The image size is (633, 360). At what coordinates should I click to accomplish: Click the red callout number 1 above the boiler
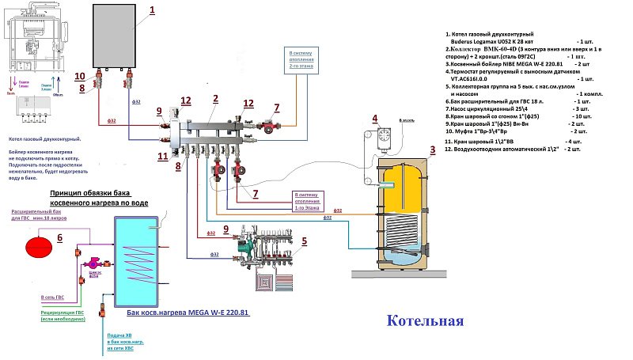coord(153,10)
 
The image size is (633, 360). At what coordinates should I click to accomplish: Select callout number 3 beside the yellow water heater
coord(432,150)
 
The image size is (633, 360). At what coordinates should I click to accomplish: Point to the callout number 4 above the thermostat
coord(373,119)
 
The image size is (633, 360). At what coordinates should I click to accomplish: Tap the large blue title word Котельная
coord(425,320)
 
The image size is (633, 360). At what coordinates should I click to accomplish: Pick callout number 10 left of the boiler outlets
coord(79,76)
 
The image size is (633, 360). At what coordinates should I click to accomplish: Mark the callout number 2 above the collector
coord(215,99)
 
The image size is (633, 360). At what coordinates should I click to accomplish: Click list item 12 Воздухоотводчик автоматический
coord(515,149)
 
